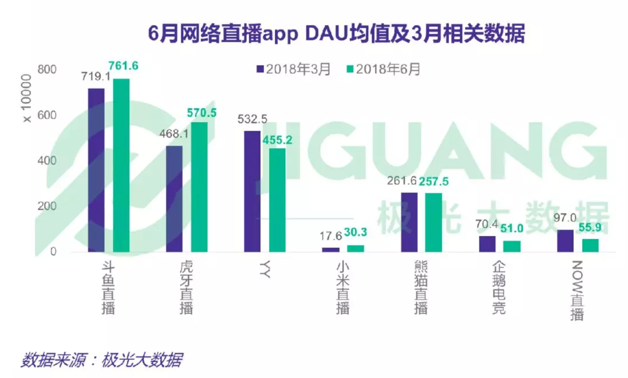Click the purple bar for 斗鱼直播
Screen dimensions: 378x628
point(96,170)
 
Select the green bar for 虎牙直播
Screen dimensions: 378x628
point(199,187)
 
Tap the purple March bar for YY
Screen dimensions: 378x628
point(252,191)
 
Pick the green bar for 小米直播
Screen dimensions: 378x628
point(356,249)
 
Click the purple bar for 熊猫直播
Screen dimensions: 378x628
point(409,222)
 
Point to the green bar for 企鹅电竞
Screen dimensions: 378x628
point(512,246)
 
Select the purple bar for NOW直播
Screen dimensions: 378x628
point(565,241)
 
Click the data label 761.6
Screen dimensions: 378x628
point(123,66)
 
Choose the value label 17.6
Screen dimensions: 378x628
point(330,237)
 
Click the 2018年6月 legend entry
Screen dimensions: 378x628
point(383,69)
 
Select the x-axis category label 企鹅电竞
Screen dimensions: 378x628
point(499,287)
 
